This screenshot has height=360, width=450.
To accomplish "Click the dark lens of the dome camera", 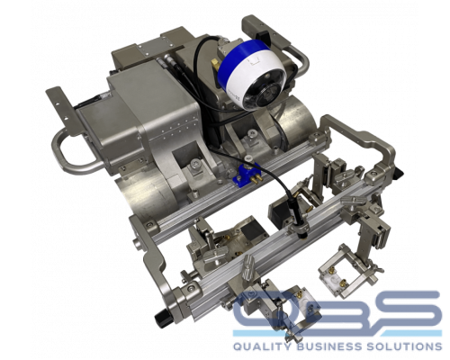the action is pyautogui.click(x=258, y=96).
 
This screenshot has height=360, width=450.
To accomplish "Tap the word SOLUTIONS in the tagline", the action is pyautogui.click(x=404, y=346).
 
